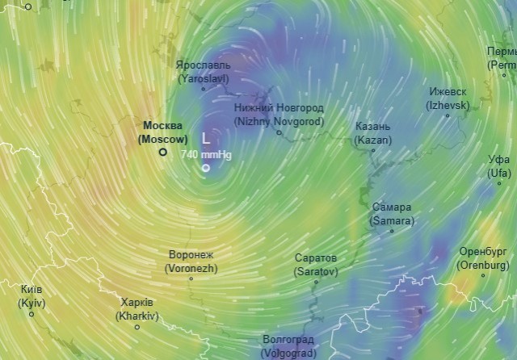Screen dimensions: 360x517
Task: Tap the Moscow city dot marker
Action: (x=162, y=151)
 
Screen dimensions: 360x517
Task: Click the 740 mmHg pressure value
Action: (x=205, y=153)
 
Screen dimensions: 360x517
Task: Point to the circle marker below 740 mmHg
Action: (x=205, y=168)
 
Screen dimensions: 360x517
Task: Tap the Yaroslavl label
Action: (x=203, y=71)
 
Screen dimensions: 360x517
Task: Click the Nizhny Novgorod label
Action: (x=279, y=114)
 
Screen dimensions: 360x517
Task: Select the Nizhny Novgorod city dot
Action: (x=280, y=132)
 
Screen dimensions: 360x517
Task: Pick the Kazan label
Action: (x=372, y=133)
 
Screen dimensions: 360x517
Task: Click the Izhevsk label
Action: (x=448, y=98)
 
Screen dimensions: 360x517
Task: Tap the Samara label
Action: (x=392, y=213)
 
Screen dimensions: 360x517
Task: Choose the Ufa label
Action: (x=498, y=166)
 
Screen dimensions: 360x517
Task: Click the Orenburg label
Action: (x=483, y=257)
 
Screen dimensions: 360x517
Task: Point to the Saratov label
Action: (x=315, y=265)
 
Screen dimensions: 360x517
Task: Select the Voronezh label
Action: (x=191, y=261)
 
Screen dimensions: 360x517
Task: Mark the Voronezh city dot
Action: (x=191, y=278)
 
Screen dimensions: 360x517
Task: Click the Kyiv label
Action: (x=32, y=296)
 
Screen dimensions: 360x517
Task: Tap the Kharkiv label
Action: (x=137, y=309)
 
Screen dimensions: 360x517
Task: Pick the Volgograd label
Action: (x=288, y=345)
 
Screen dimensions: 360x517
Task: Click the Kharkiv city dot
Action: (x=137, y=327)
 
